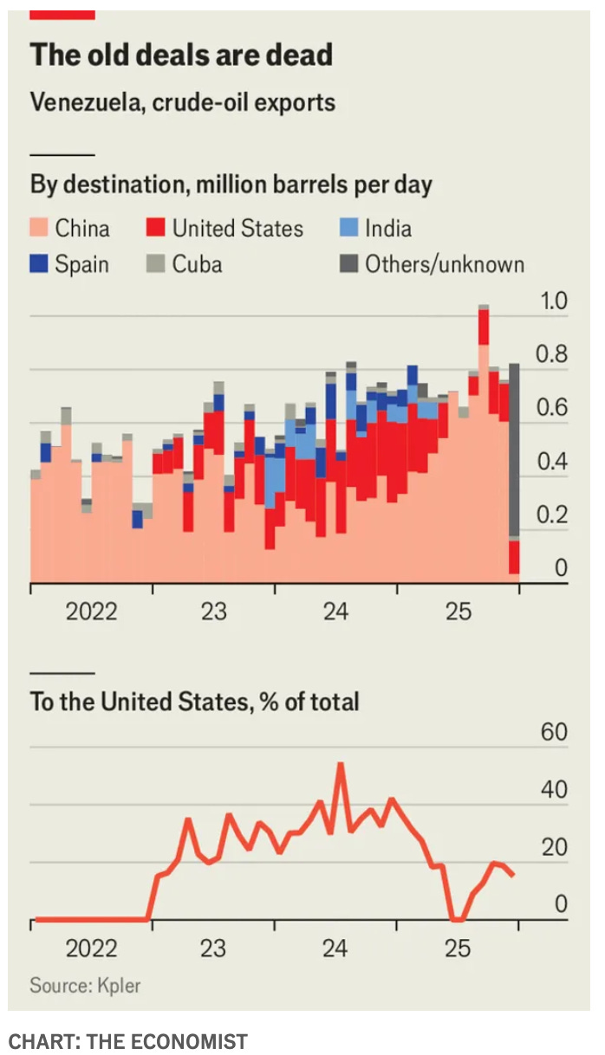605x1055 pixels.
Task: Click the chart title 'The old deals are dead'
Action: click(181, 55)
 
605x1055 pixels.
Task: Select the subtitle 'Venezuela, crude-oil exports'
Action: click(182, 102)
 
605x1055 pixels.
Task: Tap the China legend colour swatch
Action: click(39, 229)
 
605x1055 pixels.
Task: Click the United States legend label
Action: click(237, 229)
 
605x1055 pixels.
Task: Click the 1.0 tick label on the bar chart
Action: click(553, 302)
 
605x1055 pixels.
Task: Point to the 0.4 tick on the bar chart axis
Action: click(553, 463)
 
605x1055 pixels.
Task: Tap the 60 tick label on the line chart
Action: click(554, 733)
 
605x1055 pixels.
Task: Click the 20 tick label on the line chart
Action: click(554, 848)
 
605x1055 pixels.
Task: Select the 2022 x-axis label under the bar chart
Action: click(91, 612)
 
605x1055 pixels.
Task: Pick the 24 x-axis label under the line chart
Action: click(335, 948)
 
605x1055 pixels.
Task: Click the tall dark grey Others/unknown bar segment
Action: click(514, 450)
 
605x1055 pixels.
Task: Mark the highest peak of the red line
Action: click(341, 764)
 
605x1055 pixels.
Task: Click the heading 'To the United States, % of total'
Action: click(194, 701)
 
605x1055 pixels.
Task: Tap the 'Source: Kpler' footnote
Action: click(85, 985)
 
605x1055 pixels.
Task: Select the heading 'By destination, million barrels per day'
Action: click(231, 185)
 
